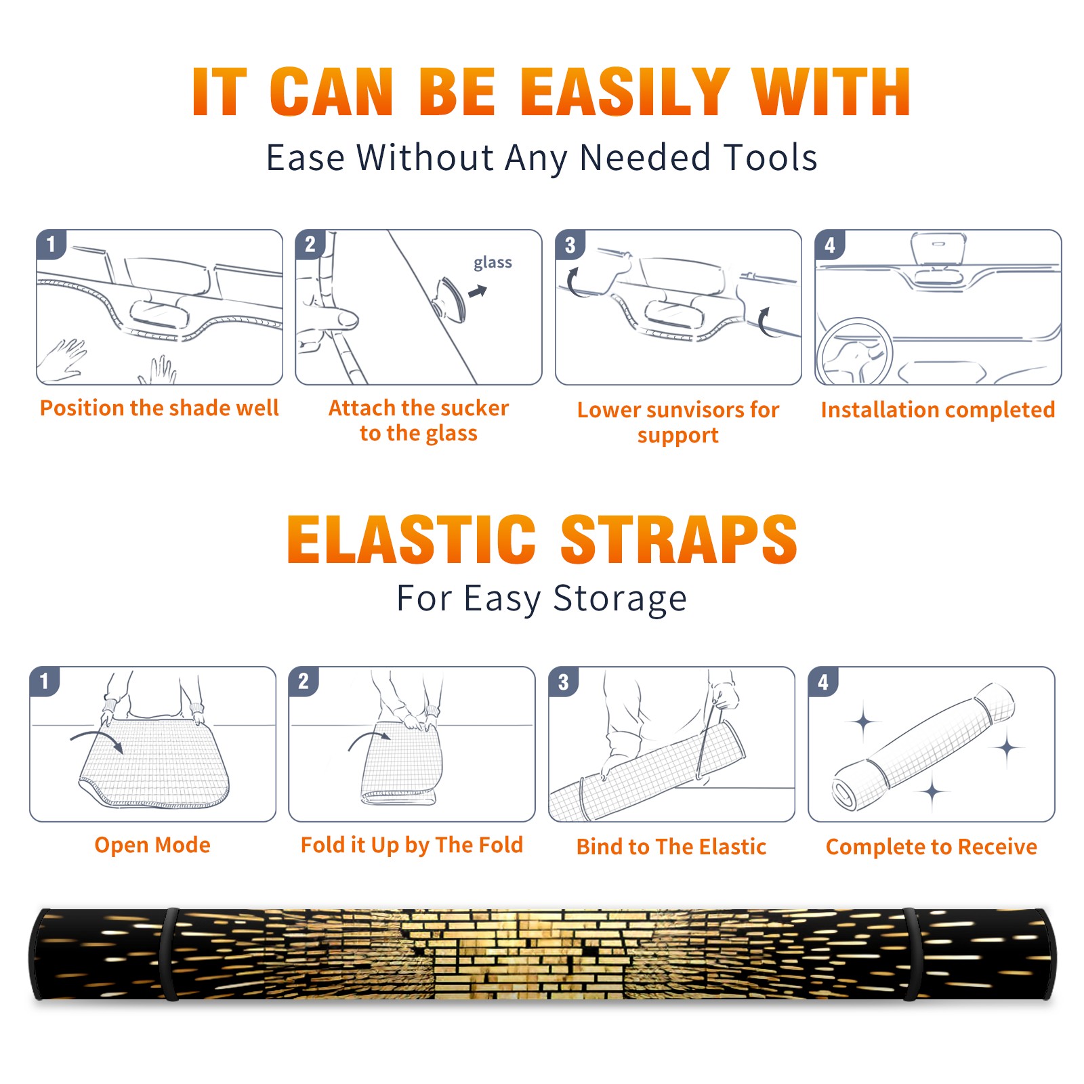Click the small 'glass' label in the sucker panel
click(493, 263)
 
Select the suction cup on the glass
click(451, 299)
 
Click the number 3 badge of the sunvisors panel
click(570, 245)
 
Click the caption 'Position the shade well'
click(159, 408)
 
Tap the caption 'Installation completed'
click(938, 410)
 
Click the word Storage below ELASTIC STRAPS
click(620, 599)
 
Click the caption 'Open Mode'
click(152, 845)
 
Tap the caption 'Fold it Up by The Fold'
click(412, 845)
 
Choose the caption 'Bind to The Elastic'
click(671, 847)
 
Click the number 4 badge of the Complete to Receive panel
click(822, 682)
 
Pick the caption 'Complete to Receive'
click(932, 847)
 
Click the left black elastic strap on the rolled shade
click(170, 954)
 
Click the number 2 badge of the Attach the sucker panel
click(310, 245)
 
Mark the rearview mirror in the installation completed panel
click(938, 248)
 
